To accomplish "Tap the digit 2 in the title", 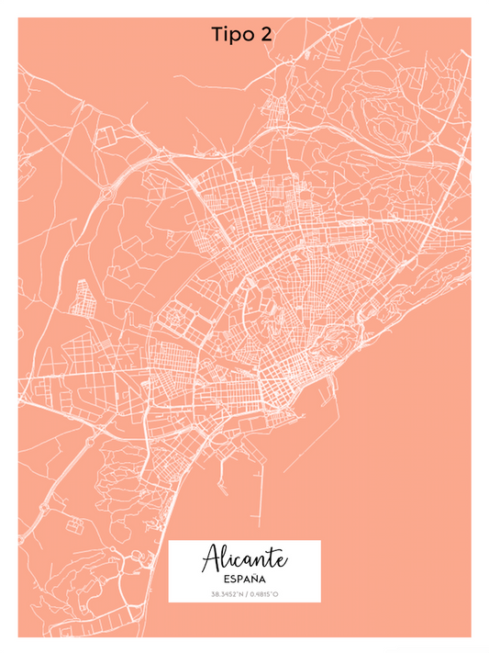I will pos(265,35).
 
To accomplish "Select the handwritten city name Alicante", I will pos(244,558).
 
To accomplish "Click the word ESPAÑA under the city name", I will pos(244,580).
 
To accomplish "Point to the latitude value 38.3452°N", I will pos(227,595).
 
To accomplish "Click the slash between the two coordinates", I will pos(245,595).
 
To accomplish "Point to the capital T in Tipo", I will pos(217,35).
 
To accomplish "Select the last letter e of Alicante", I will pos(281,560).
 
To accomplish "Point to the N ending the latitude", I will pos(239,595).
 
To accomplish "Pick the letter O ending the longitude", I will pos(276,595).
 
